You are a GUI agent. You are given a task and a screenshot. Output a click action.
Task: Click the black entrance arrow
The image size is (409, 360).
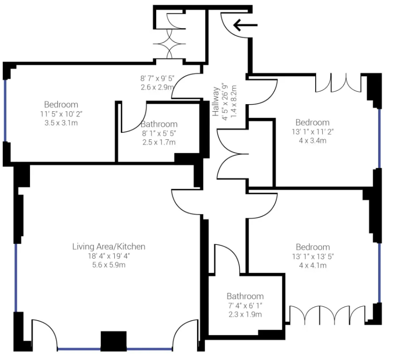(x=245, y=25)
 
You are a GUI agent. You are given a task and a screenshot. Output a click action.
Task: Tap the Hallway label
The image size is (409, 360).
(x=216, y=101)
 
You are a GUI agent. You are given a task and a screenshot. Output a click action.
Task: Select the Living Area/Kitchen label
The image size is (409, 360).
(x=109, y=246)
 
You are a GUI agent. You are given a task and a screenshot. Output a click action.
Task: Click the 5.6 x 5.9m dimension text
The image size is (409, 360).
(x=109, y=265)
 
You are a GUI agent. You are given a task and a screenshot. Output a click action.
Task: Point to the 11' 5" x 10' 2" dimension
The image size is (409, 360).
(x=61, y=114)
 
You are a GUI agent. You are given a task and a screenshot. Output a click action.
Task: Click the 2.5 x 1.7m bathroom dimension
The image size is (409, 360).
(x=159, y=142)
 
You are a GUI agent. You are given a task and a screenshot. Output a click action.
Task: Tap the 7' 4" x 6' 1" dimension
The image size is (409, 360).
(x=245, y=305)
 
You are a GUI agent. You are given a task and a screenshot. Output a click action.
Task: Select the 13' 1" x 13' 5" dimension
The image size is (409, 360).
(x=313, y=256)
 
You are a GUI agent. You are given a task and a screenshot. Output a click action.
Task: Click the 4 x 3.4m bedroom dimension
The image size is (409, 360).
(x=312, y=141)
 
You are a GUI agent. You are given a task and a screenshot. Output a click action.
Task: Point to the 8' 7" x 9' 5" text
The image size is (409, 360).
(x=157, y=78)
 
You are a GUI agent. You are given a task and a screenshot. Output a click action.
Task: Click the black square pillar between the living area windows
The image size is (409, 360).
(x=114, y=341)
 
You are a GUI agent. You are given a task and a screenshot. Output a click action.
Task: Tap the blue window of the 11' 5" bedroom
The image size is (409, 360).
(x=5, y=111)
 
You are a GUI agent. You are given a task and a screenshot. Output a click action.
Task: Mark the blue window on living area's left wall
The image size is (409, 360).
(x=16, y=278)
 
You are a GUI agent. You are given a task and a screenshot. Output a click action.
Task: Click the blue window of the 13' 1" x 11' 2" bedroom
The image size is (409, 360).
(x=379, y=138)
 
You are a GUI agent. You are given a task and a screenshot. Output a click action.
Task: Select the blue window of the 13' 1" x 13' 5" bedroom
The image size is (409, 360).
(x=379, y=273)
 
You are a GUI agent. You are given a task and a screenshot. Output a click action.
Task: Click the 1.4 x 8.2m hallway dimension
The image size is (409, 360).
(x=234, y=101)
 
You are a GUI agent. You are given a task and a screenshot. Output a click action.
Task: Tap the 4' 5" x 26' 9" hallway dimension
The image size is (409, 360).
(x=225, y=102)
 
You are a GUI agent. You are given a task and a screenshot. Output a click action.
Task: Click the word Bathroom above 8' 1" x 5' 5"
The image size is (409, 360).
(x=159, y=124)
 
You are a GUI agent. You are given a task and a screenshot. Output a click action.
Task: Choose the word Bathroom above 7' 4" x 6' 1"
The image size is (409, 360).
(x=245, y=296)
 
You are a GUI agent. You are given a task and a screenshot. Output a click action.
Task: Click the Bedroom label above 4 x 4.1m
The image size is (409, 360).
(x=313, y=247)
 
